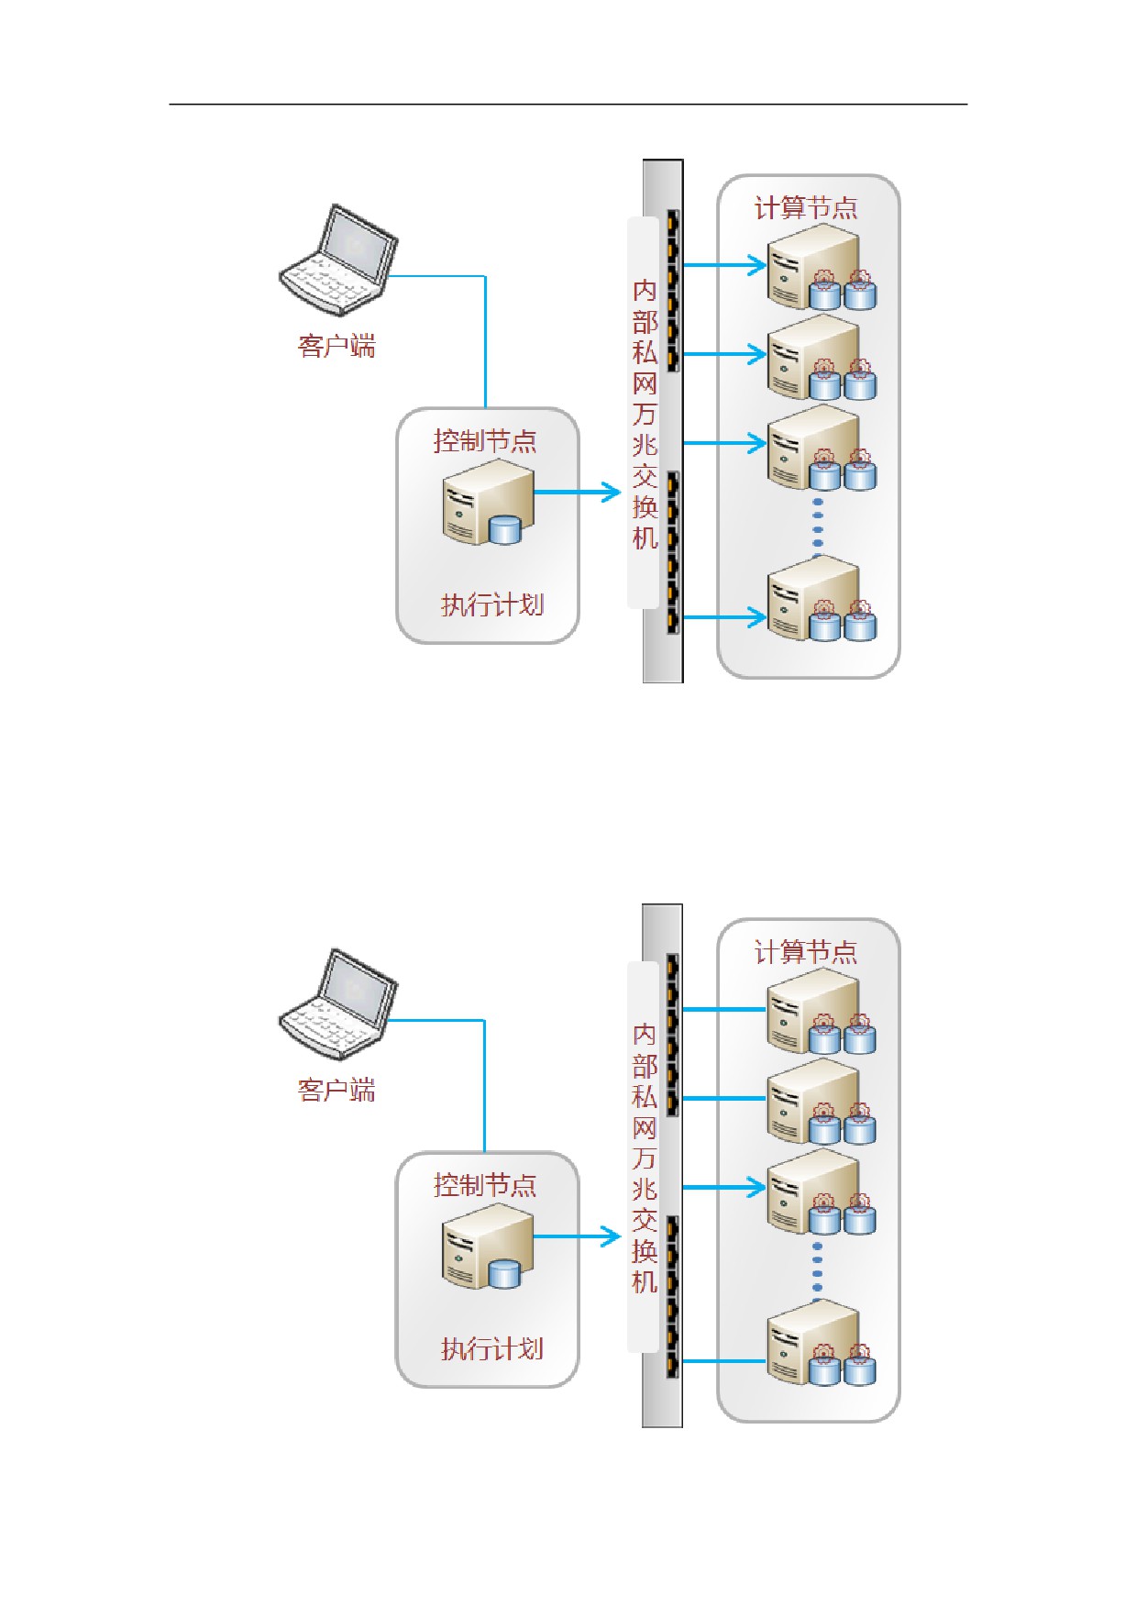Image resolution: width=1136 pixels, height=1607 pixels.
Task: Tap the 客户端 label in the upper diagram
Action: [336, 347]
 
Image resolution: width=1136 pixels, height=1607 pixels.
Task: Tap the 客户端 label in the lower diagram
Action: [336, 1091]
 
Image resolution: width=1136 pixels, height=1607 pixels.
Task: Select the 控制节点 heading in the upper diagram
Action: [485, 441]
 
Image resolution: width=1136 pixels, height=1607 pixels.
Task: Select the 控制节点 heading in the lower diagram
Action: [485, 1185]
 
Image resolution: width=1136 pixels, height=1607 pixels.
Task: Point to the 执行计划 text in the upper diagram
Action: [492, 605]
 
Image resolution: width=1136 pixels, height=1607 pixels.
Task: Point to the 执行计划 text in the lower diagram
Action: [492, 1349]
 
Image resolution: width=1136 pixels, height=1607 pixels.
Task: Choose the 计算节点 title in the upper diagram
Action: [806, 208]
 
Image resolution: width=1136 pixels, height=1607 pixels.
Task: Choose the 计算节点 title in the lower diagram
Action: [806, 952]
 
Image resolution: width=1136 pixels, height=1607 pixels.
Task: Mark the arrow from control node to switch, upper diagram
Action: [578, 493]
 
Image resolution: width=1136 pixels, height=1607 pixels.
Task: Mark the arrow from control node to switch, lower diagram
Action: [578, 1236]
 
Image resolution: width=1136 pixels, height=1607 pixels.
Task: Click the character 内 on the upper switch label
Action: [645, 291]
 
